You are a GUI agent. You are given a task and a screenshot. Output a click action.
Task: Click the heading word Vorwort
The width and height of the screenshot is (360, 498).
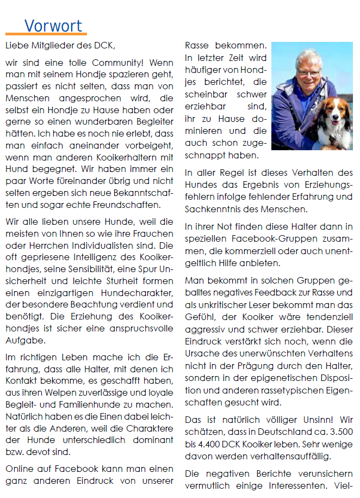[x=53, y=26]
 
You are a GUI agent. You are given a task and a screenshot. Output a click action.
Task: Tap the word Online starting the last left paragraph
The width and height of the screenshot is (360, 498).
[x=20, y=469]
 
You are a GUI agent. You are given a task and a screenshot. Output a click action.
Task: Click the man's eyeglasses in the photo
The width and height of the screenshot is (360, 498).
[x=308, y=71]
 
